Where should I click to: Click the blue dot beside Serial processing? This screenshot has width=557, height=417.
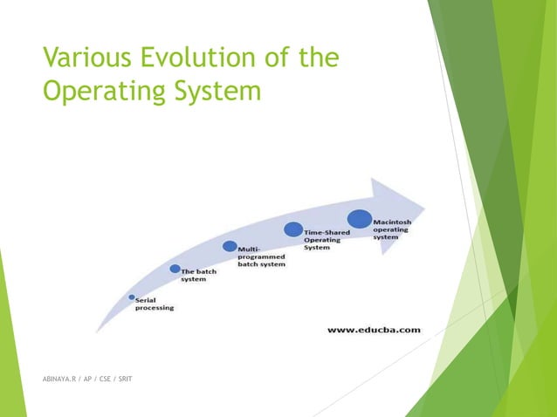pyautogui.click(x=132, y=297)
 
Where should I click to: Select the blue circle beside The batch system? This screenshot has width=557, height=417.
pyautogui.click(x=175, y=269)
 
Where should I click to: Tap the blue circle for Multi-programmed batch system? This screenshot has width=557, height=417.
pyautogui.click(x=230, y=247)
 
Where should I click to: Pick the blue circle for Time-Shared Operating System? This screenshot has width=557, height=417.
pyautogui.click(x=293, y=229)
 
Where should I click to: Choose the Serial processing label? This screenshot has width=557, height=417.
pyautogui.click(x=154, y=304)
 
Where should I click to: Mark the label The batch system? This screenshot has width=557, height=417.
pyautogui.click(x=199, y=276)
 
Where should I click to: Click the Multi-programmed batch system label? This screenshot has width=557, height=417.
pyautogui.click(x=262, y=257)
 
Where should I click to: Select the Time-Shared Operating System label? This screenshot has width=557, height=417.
pyautogui.click(x=327, y=240)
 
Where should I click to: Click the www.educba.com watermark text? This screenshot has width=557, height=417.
pyautogui.click(x=374, y=330)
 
